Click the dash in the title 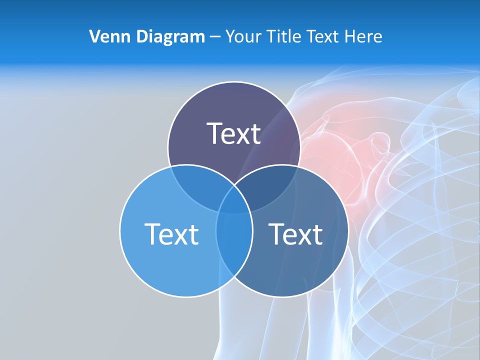[215, 37]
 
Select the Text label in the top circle [233, 133]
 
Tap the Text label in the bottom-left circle [171, 233]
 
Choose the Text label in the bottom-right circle [295, 233]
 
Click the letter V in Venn [94, 36]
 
